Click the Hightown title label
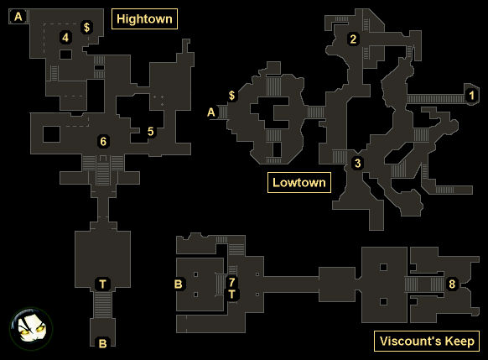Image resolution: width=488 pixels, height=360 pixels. click(144, 19)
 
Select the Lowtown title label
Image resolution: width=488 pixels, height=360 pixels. click(299, 182)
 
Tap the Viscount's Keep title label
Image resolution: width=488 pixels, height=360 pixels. click(427, 341)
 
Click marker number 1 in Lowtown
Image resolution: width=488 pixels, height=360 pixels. click(471, 95)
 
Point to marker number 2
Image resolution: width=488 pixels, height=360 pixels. click(353, 39)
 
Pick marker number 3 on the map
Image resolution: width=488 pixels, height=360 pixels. click(357, 163)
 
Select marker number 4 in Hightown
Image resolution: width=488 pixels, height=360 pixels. click(65, 38)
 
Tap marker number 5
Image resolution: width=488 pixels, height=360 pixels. click(151, 132)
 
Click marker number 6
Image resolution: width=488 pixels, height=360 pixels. click(103, 141)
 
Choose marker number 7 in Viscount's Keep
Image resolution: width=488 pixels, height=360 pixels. click(231, 282)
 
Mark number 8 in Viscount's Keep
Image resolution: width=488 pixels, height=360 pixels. click(452, 284)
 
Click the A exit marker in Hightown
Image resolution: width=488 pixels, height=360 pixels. click(18, 17)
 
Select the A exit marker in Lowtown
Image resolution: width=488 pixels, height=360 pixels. click(211, 112)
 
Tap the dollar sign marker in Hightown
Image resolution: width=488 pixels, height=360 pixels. click(87, 28)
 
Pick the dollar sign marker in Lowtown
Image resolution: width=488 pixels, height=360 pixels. click(232, 95)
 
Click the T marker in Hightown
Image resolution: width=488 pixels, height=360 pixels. click(102, 284)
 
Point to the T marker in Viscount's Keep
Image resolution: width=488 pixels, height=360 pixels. click(232, 294)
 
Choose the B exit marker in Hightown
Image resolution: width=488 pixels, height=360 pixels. click(102, 343)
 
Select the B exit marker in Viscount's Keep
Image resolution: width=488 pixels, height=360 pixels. click(179, 284)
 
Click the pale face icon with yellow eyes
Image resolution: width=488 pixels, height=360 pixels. click(31, 329)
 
